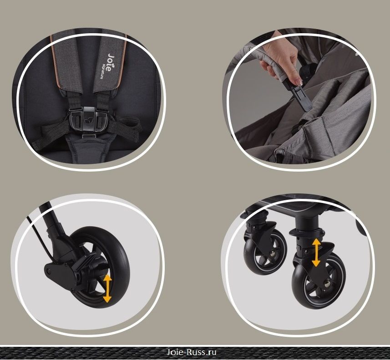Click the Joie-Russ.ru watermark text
coord(191,352)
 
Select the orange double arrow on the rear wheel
coord(107,289)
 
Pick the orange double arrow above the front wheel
coord(316,252)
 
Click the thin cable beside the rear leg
coord(40,236)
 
